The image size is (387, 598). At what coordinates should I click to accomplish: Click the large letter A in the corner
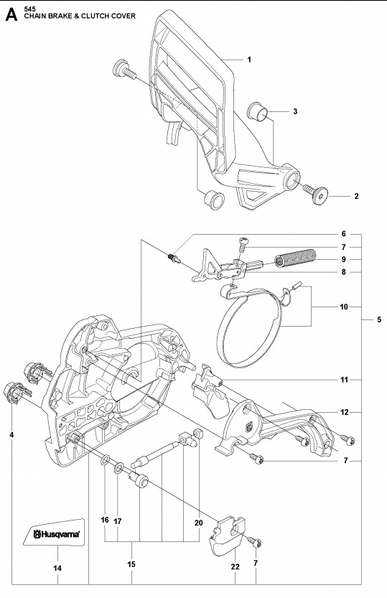(x=11, y=14)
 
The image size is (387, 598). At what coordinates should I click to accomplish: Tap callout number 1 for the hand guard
(x=248, y=60)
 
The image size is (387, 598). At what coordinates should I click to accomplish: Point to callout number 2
(x=357, y=196)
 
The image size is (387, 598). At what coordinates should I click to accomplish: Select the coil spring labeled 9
(x=296, y=258)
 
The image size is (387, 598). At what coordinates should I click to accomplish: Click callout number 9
(x=344, y=259)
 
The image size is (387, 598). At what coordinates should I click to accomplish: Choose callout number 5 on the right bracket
(x=379, y=319)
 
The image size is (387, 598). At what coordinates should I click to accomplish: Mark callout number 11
(x=344, y=379)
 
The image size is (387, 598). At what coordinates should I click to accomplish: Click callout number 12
(x=344, y=412)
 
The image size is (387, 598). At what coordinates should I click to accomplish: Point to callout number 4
(x=12, y=435)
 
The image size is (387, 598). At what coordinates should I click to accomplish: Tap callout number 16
(x=104, y=520)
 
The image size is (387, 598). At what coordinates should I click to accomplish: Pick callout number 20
(x=199, y=523)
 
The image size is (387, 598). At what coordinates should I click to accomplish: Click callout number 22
(x=235, y=568)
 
